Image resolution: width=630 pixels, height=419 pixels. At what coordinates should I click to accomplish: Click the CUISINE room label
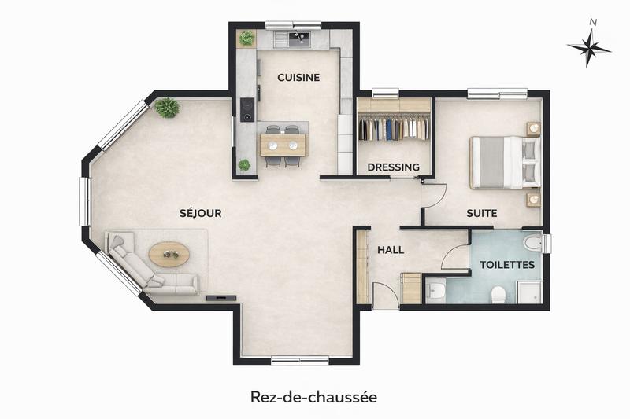click(x=298, y=77)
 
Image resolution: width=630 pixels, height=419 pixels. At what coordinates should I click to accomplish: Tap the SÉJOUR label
click(x=200, y=213)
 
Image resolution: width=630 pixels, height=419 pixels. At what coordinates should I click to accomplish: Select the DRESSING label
click(x=394, y=167)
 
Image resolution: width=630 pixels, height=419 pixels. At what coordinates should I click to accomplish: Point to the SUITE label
click(x=481, y=213)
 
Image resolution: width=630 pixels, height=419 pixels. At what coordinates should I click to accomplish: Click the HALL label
click(x=391, y=250)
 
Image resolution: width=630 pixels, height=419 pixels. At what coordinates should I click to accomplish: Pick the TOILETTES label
click(x=507, y=265)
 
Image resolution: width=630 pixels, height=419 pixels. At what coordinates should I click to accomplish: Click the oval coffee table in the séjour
click(x=169, y=253)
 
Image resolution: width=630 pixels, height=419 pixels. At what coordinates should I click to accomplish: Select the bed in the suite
click(x=504, y=162)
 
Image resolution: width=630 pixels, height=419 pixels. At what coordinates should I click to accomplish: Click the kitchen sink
click(x=299, y=39)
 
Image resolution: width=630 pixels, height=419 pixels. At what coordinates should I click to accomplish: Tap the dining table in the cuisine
click(x=283, y=143)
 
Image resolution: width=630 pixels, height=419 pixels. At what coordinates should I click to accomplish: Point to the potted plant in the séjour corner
click(x=167, y=108)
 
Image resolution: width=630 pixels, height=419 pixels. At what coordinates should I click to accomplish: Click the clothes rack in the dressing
click(x=394, y=128)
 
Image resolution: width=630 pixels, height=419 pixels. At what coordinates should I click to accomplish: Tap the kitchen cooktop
click(x=246, y=109)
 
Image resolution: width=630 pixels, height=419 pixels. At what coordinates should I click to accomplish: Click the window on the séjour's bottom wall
click(x=299, y=361)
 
